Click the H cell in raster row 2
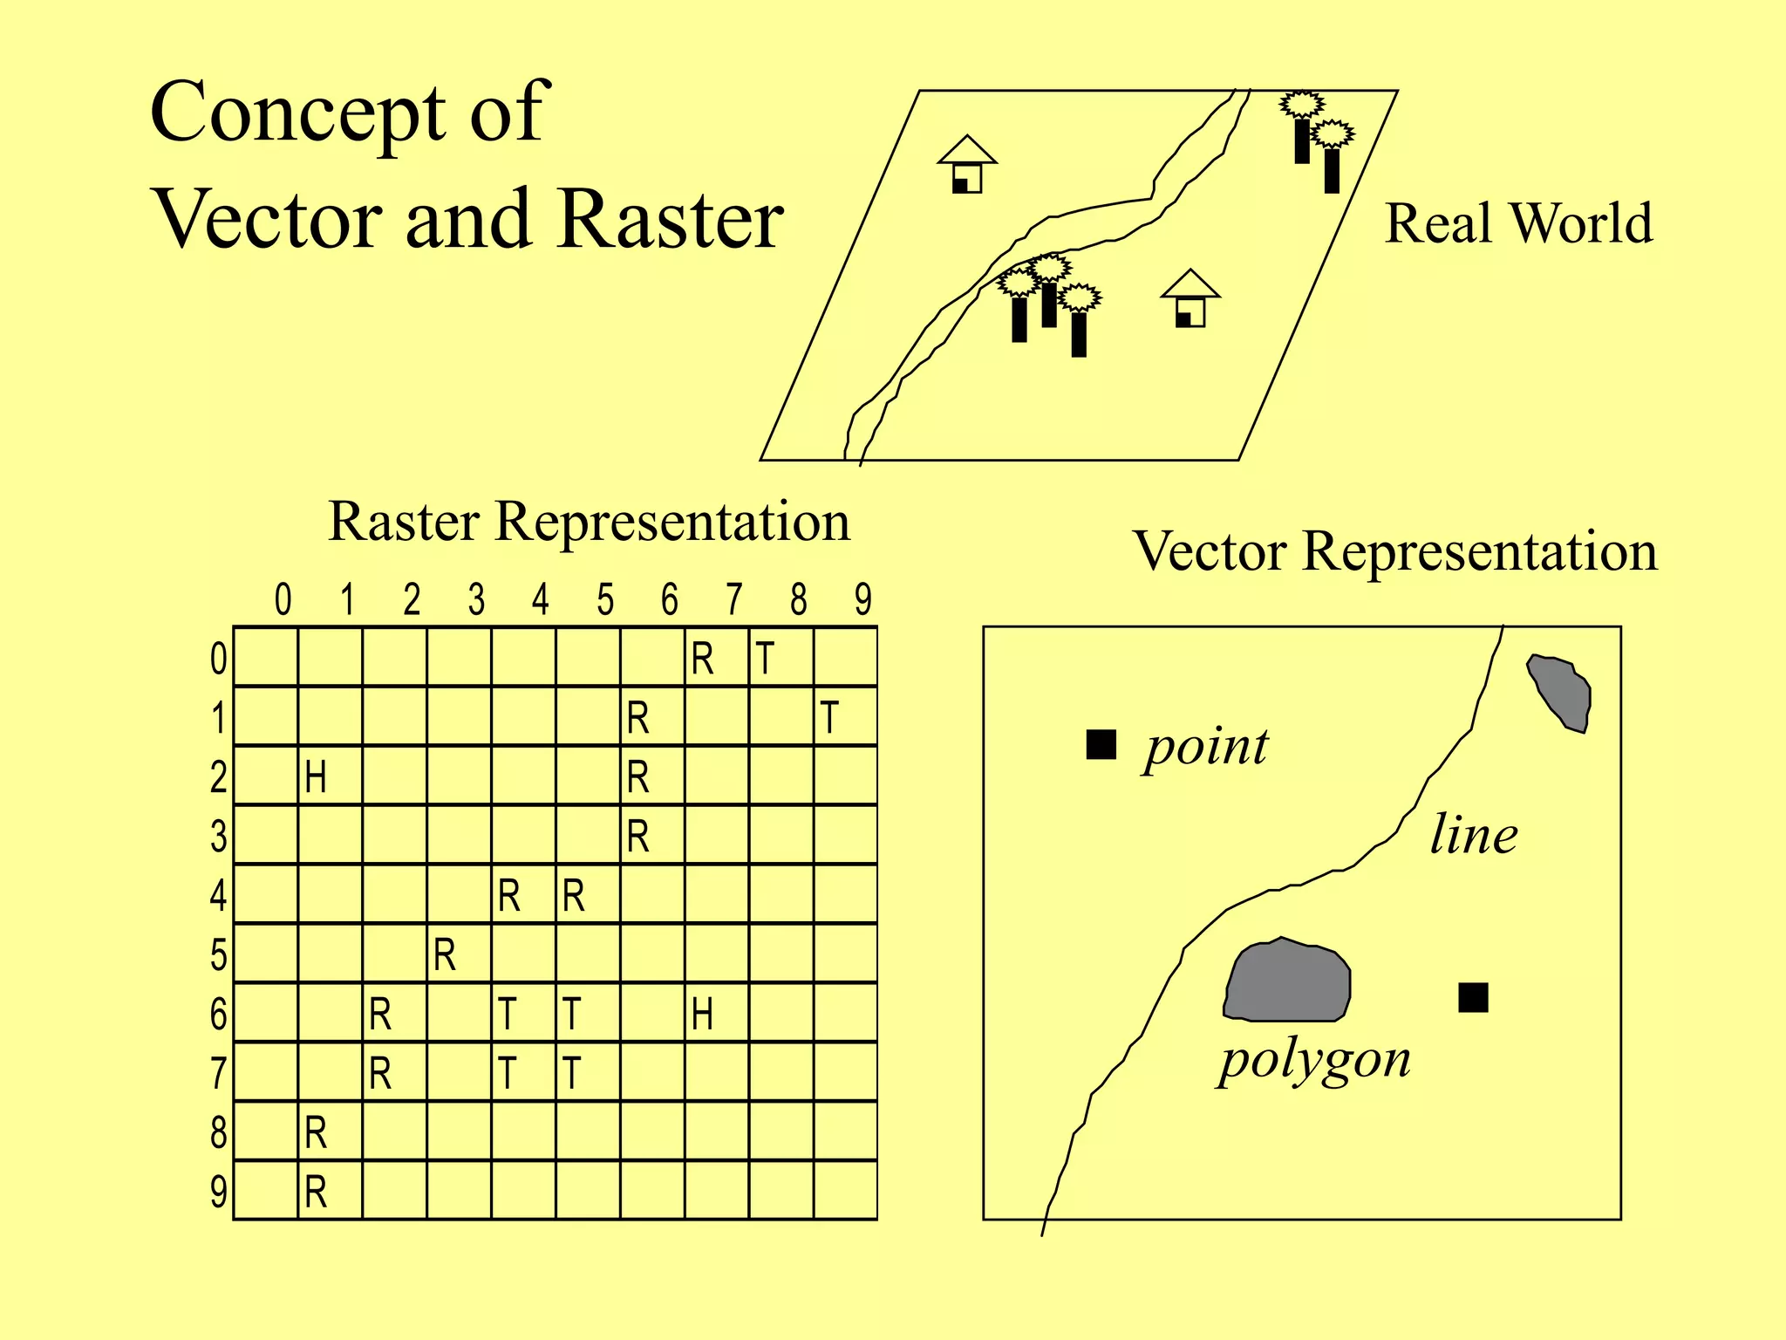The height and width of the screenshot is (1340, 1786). coord(330,776)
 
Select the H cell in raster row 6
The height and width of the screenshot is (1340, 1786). coord(717,1013)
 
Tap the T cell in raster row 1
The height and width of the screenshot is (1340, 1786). coord(844,717)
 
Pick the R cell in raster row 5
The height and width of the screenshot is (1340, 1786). coord(459,954)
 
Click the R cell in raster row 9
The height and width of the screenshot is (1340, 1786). coord(330,1191)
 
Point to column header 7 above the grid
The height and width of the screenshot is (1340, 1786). coord(734,599)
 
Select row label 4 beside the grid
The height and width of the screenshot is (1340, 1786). coord(218,895)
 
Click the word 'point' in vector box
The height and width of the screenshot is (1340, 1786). coord(1207,748)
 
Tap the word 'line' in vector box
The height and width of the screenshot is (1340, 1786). coord(1474,834)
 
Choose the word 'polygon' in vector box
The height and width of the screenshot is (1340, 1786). coord(1314,1061)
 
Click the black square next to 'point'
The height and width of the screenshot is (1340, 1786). coord(1101,744)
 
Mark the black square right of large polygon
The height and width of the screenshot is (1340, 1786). coord(1473,997)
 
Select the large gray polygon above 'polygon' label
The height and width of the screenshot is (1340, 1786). coord(1288,981)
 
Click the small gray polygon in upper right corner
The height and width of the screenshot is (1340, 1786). coord(1561,693)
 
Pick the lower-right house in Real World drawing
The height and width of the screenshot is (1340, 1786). coord(1190,298)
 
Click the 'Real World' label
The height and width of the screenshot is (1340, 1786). coord(1518,223)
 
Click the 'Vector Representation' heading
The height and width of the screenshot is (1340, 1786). coord(1395,551)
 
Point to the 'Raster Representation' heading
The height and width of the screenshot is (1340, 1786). coord(589,522)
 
